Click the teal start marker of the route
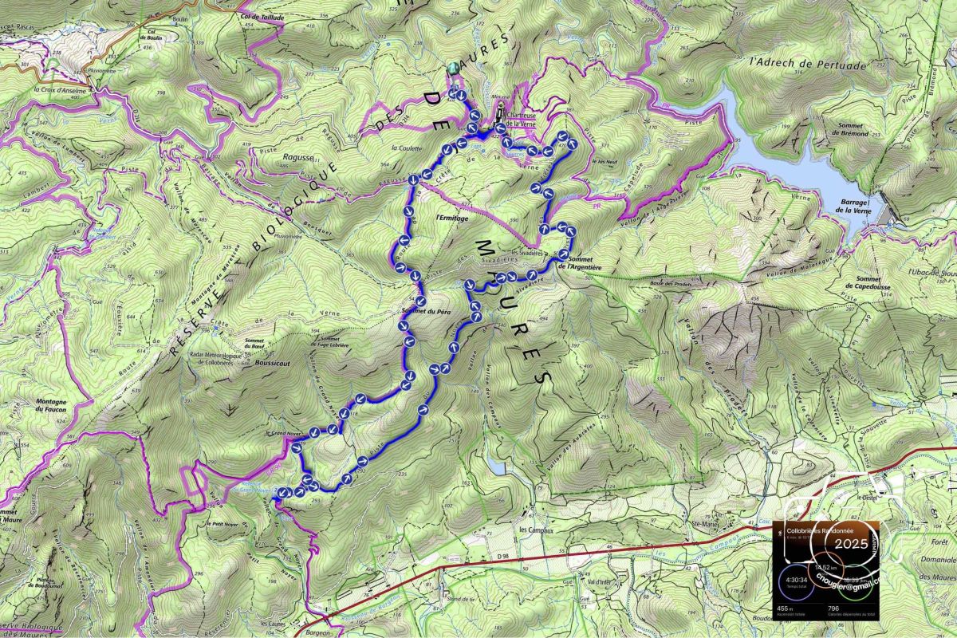click(x=454, y=69)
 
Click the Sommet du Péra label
click(x=427, y=311)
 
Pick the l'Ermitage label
click(x=452, y=217)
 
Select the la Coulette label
click(x=406, y=148)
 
